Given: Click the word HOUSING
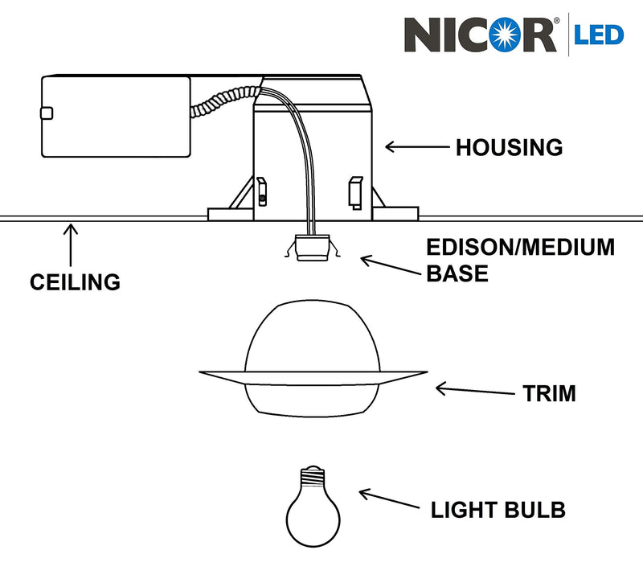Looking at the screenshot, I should (x=509, y=148).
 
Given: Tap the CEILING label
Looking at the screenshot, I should (x=75, y=282).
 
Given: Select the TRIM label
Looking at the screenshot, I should (x=549, y=394).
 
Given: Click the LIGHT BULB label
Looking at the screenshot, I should (x=498, y=510).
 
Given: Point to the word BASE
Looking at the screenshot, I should (x=457, y=274).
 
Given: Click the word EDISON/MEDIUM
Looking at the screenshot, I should (x=519, y=247).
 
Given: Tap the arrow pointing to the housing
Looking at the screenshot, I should (x=416, y=147).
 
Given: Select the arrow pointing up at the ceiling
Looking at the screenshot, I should (x=71, y=245).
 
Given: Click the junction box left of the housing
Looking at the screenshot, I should (x=116, y=116).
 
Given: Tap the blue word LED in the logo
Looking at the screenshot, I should (x=598, y=35).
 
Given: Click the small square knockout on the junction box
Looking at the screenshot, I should (x=47, y=113).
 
